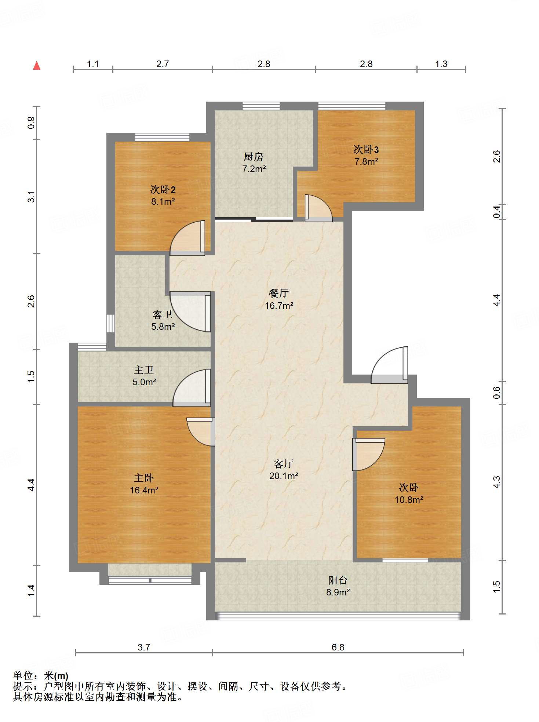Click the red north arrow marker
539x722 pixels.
point(37,65)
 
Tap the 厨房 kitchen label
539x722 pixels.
point(254,157)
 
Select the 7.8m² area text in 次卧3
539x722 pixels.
point(366,161)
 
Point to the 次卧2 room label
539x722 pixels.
point(163,190)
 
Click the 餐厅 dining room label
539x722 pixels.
point(279,293)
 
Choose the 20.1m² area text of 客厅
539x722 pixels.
point(284,476)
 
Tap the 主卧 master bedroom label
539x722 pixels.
point(144,478)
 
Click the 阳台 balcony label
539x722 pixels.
point(338,580)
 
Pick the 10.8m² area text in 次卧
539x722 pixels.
point(409,500)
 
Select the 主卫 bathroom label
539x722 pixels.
point(144,370)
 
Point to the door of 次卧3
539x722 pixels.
point(318,208)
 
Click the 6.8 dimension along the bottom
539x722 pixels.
point(338,647)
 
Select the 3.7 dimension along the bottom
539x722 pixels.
point(144,647)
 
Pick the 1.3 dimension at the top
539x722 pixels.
point(441,64)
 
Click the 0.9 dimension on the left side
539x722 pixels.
point(31,123)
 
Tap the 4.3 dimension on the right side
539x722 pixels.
point(496,482)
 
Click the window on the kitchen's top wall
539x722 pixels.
point(261,106)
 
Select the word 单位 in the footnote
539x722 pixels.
point(23,676)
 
